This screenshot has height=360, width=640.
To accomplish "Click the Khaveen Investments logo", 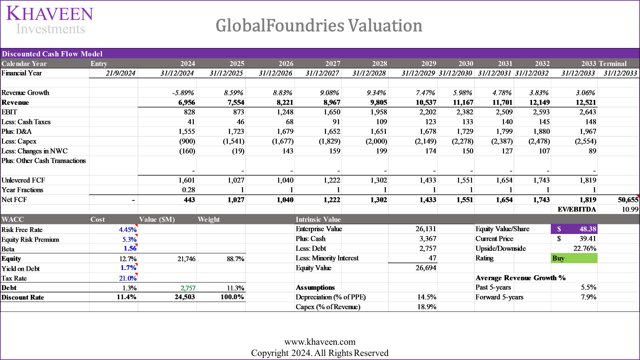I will tap(50, 20).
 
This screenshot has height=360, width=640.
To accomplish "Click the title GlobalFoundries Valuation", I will tap(319, 26).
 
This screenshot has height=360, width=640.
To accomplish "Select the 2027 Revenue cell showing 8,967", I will tap(332, 102).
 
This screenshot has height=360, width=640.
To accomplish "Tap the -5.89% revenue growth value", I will tap(183, 93).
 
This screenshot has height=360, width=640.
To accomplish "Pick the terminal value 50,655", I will tap(627, 200).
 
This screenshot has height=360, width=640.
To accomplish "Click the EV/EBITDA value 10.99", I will tap(630, 209).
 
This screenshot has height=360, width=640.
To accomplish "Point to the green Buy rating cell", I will tap(574, 258).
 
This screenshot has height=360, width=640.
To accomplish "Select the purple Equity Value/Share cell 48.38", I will tap(574, 229).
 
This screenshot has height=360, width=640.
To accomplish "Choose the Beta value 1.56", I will tap(130, 248).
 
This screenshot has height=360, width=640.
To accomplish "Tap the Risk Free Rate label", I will tap(22, 230).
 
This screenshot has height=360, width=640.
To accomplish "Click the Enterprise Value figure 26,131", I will tap(426, 229).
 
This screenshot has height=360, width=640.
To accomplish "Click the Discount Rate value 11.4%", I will tap(126, 297).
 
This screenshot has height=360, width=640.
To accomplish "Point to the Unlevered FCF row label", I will tap(23, 180).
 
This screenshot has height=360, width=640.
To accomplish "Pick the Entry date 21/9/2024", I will tap(120, 73).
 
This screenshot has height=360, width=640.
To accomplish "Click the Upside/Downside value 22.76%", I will tap(584, 248).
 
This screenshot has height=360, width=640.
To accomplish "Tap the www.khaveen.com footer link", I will tap(320, 342).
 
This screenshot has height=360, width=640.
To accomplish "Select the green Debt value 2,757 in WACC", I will tap(188, 288).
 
